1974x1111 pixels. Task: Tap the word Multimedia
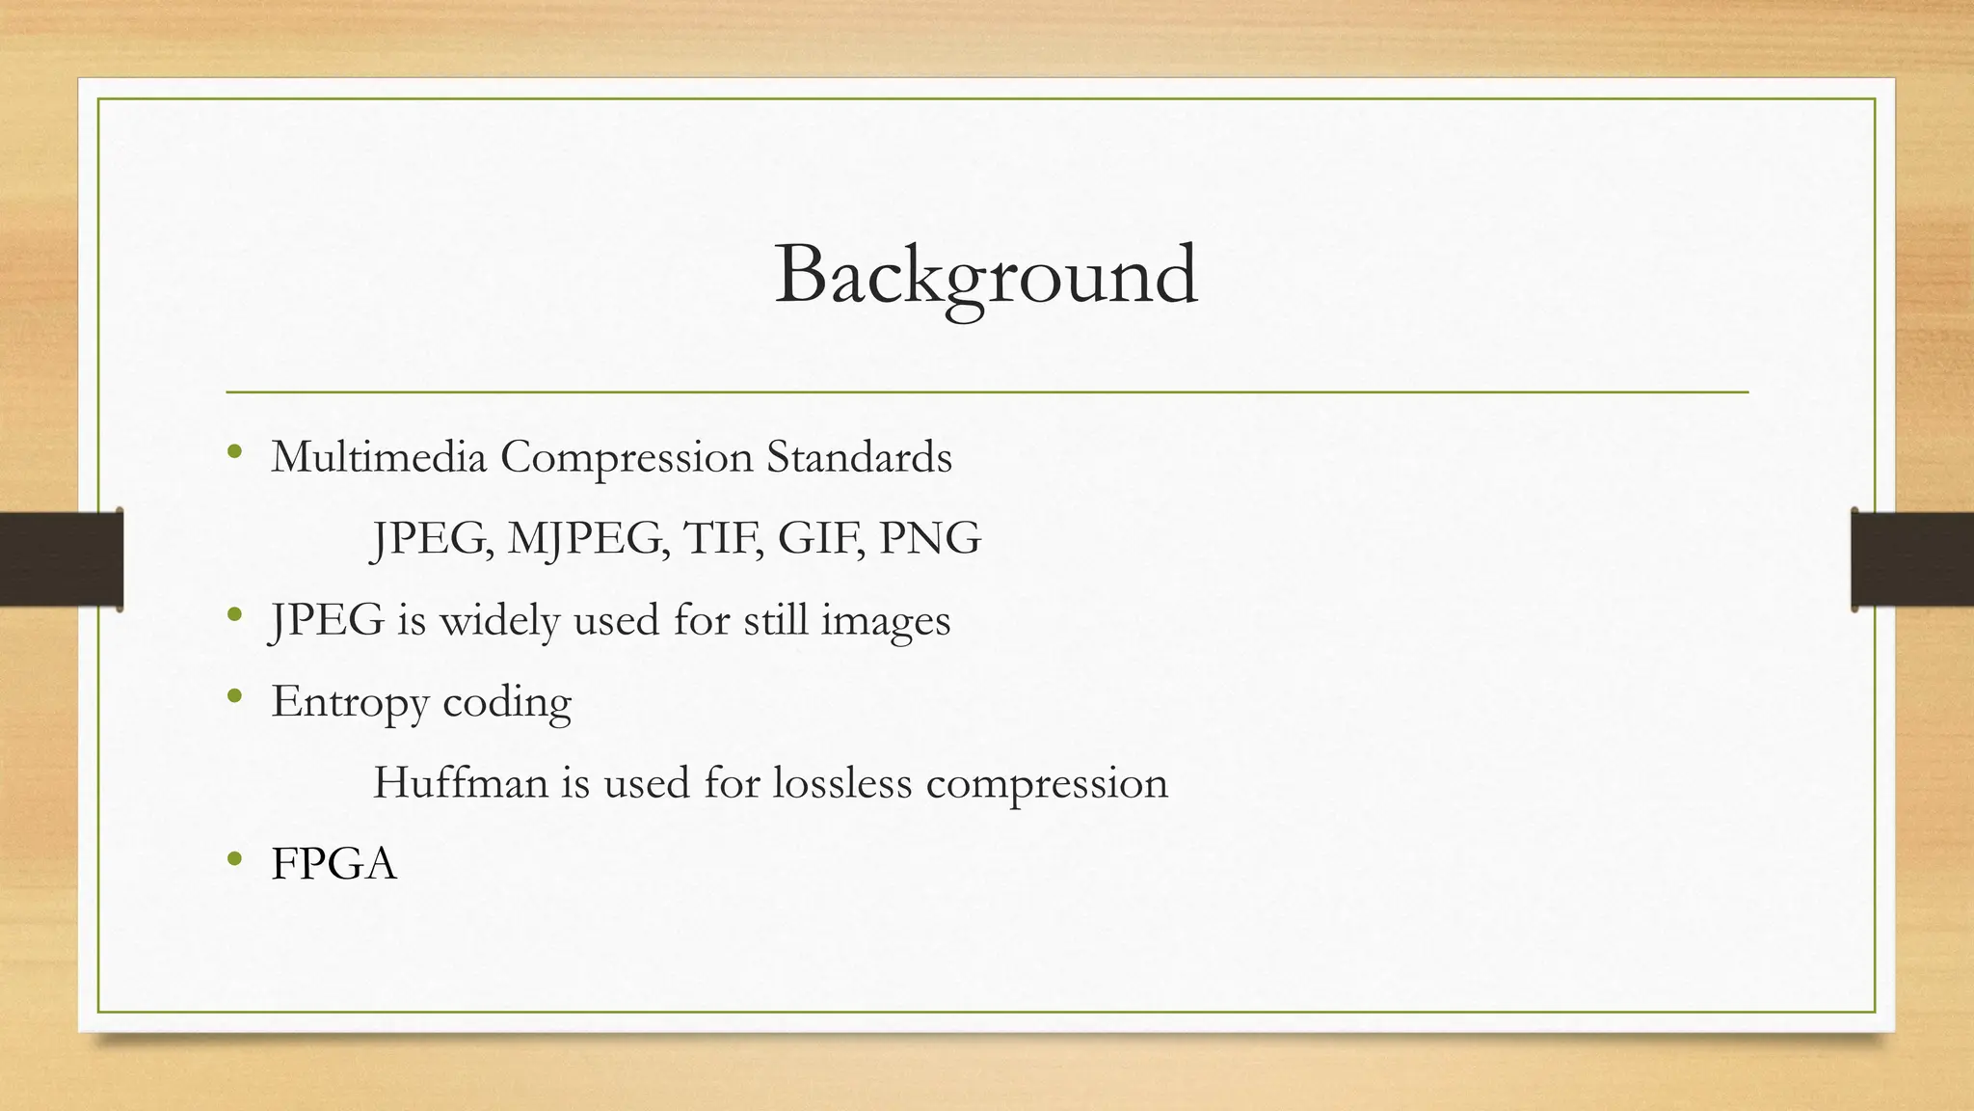[x=379, y=457]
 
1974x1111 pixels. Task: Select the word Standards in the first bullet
[x=859, y=457]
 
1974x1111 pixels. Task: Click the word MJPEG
[x=588, y=538]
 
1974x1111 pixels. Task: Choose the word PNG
[x=930, y=538]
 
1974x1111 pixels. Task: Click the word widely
[x=499, y=620]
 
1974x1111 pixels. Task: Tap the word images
[x=885, y=620]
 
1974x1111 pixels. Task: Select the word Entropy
[x=350, y=702]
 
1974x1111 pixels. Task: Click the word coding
[x=507, y=702]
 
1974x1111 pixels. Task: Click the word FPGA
[x=333, y=864]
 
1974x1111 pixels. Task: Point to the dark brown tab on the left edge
[x=61, y=559]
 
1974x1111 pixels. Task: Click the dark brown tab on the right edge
[x=1912, y=559]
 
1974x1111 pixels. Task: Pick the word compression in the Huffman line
[x=1047, y=782]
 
